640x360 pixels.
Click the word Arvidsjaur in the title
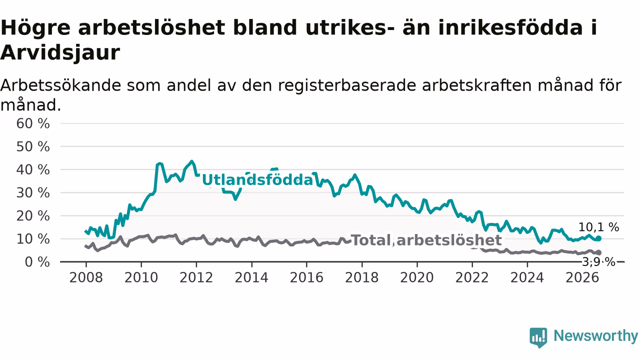point(60,53)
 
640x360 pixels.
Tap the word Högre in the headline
point(35,28)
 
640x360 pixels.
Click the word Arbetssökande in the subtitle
point(60,85)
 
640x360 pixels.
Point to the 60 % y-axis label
point(33,123)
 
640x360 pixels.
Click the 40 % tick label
point(33,169)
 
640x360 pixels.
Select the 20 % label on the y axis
point(33,215)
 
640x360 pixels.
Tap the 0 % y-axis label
point(37,262)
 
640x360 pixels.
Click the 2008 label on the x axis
point(86,277)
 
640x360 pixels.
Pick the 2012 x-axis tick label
point(196,277)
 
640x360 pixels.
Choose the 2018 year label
point(361,277)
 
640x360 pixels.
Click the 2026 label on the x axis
point(582,277)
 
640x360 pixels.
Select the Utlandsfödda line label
point(257,180)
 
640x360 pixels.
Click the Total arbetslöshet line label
point(426,240)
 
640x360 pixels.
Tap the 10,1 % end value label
point(598,227)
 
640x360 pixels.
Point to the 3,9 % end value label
point(598,262)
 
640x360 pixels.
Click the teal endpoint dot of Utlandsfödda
point(599,238)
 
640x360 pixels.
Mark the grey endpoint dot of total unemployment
point(599,252)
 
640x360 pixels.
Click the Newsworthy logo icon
point(538,337)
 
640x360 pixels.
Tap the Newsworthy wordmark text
point(595,335)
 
